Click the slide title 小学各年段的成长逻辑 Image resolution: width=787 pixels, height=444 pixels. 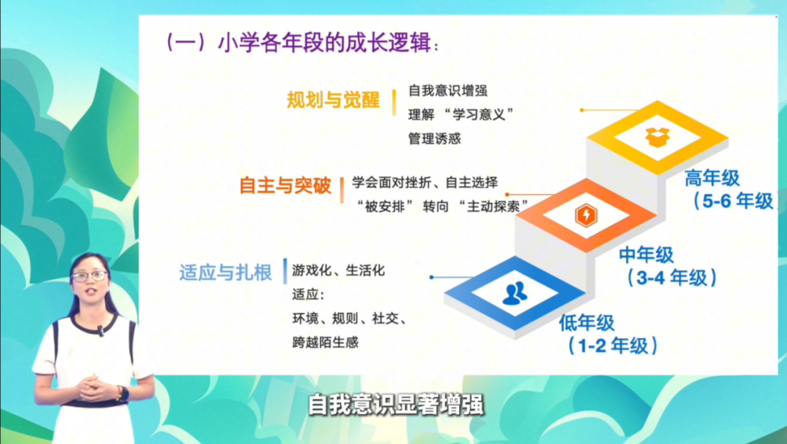pyautogui.click(x=324, y=43)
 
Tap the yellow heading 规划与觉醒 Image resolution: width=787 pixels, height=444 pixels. pyautogui.click(x=333, y=100)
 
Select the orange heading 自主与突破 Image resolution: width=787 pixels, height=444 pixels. pyautogui.click(x=285, y=186)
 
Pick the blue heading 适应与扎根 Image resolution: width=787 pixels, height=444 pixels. pyautogui.click(x=225, y=272)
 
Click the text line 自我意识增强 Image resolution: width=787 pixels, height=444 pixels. pyautogui.click(x=447, y=91)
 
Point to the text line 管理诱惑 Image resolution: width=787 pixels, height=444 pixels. pyautogui.click(x=434, y=139)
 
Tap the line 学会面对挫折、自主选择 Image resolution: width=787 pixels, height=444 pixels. pyautogui.click(x=425, y=182)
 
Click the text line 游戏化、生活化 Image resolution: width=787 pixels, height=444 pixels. pyautogui.click(x=338, y=270)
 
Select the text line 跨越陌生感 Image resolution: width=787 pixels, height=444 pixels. pyautogui.click(x=325, y=343)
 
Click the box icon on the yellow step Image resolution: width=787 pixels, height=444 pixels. pyautogui.click(x=657, y=136)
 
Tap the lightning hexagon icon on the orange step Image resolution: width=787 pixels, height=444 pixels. pyautogui.click(x=586, y=216)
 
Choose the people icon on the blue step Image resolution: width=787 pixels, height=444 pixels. pyautogui.click(x=515, y=293)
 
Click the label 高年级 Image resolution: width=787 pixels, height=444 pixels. pyautogui.click(x=712, y=179)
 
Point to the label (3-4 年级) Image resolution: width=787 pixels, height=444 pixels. pyautogui.click(x=672, y=278)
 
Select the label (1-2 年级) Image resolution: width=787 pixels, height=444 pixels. pyautogui.click(x=612, y=346)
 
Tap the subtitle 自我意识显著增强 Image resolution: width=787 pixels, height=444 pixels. pyautogui.click(x=396, y=405)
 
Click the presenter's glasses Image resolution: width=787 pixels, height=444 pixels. pyautogui.click(x=89, y=276)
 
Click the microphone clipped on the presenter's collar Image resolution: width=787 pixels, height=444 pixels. pyautogui.click(x=101, y=330)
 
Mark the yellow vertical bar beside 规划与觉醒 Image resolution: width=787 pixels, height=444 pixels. pyautogui.click(x=394, y=103)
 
